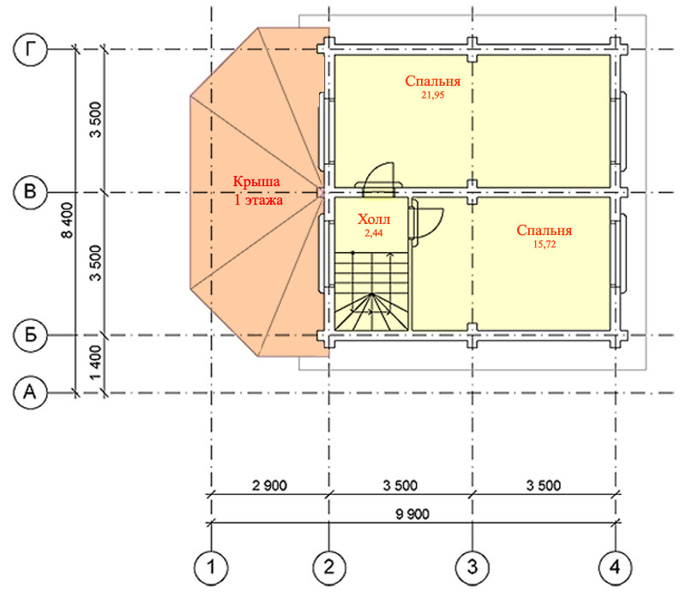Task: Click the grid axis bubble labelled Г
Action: (30, 49)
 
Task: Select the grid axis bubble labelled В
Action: (30, 192)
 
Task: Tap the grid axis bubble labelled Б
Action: (30, 335)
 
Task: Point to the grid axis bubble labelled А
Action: (30, 392)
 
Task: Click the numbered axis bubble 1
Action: (211, 567)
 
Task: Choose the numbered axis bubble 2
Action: (329, 567)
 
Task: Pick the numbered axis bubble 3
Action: (472, 567)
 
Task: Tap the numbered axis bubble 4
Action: (615, 567)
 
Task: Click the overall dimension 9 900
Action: (412, 514)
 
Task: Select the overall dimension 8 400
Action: (67, 220)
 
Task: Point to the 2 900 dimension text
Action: (269, 485)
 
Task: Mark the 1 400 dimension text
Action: (96, 363)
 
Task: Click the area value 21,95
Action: (433, 95)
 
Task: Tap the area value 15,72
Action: (545, 245)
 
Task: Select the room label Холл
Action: (374, 219)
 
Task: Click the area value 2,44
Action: (374, 233)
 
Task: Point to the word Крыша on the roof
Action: (256, 181)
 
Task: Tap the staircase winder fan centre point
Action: (371, 294)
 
